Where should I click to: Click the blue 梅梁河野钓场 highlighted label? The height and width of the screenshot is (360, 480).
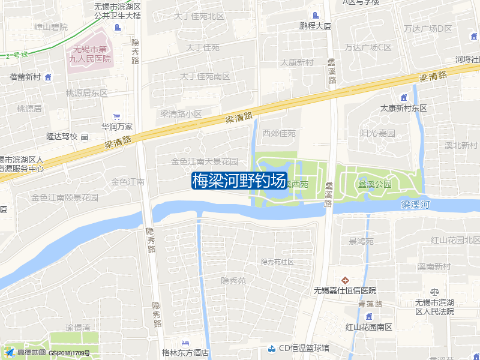[x=239, y=181]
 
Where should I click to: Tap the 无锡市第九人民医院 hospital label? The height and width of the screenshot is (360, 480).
[x=89, y=54]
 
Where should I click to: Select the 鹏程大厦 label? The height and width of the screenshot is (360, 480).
[x=316, y=26]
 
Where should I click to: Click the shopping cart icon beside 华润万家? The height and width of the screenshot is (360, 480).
[x=116, y=116]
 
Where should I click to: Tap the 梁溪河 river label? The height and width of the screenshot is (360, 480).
[x=416, y=205]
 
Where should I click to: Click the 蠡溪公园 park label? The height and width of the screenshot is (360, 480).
[x=375, y=184]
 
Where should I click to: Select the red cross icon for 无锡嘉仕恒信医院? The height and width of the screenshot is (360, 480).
[x=345, y=280]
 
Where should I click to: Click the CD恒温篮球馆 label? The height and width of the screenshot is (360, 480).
[x=304, y=348]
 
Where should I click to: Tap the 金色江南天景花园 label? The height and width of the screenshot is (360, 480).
[x=205, y=161]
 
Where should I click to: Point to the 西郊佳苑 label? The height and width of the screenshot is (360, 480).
[x=279, y=133]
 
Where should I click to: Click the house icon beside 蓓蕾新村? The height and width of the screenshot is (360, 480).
[x=48, y=77]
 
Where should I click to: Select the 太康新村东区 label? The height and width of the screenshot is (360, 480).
[x=403, y=108]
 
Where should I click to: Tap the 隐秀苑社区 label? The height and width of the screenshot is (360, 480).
[x=277, y=262]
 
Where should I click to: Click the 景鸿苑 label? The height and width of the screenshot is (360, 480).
[x=361, y=241]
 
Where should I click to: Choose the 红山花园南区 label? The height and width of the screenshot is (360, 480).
[x=368, y=327]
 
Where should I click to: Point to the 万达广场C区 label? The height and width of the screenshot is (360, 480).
[x=368, y=47]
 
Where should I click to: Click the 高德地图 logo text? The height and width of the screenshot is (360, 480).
[x=31, y=352]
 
